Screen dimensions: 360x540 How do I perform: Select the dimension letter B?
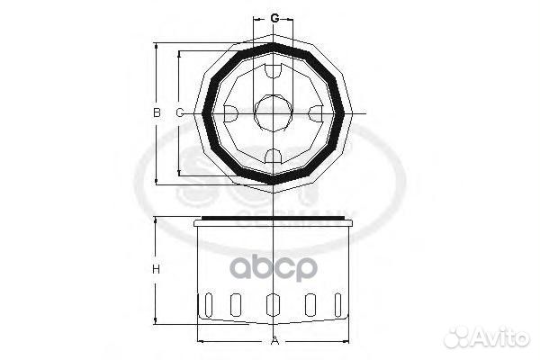click(156, 112)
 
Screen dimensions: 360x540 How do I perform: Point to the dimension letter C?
click(179, 112)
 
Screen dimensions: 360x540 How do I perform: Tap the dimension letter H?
click(156, 270)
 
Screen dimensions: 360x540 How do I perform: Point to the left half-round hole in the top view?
click(230, 113)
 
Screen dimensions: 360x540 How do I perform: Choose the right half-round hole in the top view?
click(316, 113)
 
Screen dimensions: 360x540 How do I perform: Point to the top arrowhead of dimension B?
click(157, 45)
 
